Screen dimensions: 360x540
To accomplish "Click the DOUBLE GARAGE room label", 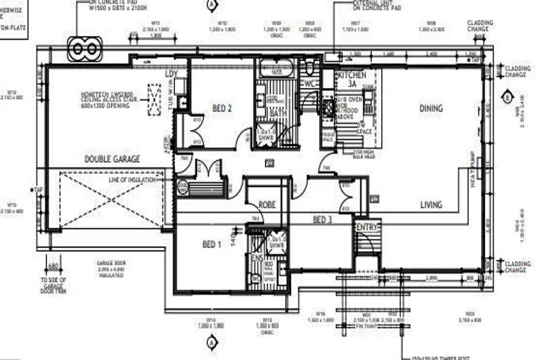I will (x=112, y=160).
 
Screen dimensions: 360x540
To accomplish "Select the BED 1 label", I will (x=211, y=244).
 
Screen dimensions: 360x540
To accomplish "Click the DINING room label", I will (x=431, y=108).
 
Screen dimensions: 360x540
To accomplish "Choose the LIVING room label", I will (x=431, y=205).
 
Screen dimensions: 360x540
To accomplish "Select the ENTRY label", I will (x=367, y=226).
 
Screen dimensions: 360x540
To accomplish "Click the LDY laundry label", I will (x=171, y=73).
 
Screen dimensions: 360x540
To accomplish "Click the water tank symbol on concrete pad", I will (x=85, y=49).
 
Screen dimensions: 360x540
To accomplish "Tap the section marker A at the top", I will (x=211, y=4).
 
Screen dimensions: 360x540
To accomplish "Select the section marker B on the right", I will (x=508, y=98).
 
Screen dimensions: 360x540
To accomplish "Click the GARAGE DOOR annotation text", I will (x=111, y=263).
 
